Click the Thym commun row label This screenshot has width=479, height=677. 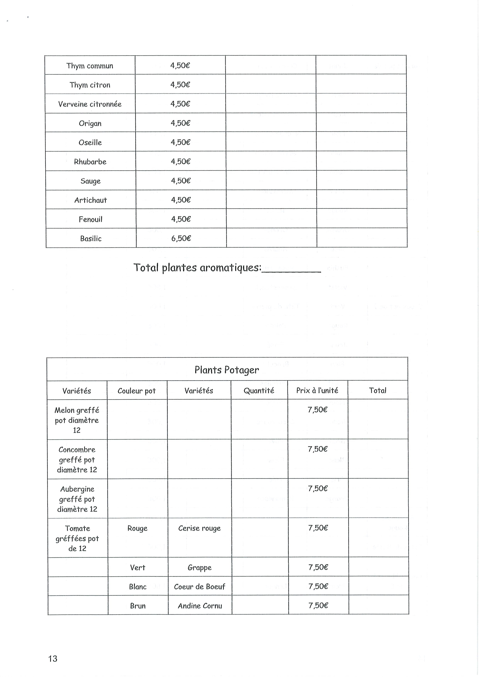(90, 66)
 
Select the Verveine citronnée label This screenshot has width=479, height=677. (90, 104)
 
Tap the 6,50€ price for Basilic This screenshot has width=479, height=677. (181, 238)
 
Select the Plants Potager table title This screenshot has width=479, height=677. (227, 370)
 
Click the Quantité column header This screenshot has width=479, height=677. (259, 391)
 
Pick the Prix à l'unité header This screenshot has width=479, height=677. (317, 391)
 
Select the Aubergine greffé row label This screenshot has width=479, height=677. (77, 499)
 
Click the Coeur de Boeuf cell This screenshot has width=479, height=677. (200, 587)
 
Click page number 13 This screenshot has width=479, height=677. (53, 659)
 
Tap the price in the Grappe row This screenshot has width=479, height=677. (318, 567)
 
